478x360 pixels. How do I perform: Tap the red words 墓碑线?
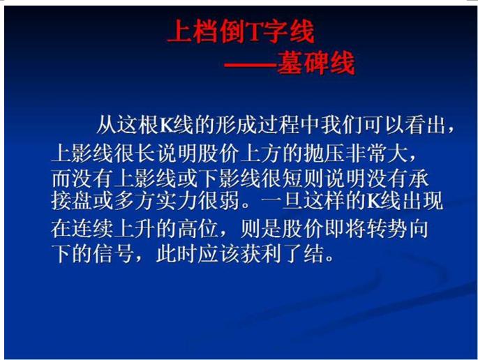pos(316,63)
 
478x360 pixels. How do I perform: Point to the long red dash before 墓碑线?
pos(250,65)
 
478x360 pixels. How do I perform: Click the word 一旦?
pos(283,200)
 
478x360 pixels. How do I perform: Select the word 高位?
pos(198,228)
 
